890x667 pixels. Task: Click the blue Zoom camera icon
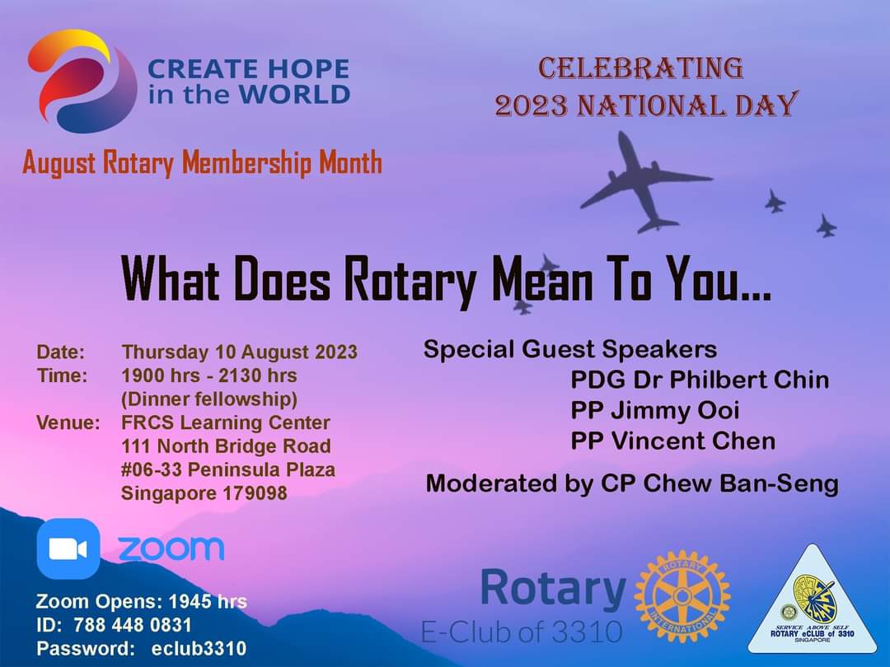(x=68, y=548)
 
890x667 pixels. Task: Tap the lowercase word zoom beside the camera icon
(x=171, y=548)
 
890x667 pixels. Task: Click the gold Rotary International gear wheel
(x=682, y=596)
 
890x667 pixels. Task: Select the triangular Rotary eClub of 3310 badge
(x=813, y=601)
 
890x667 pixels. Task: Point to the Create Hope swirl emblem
(x=82, y=82)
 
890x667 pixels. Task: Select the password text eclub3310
(x=199, y=648)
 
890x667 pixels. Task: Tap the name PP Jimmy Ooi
(x=655, y=411)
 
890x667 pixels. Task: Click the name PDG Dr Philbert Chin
(x=700, y=380)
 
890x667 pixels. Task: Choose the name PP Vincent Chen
(x=673, y=441)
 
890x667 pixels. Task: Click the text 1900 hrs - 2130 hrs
(x=209, y=375)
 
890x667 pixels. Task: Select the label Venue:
(x=68, y=422)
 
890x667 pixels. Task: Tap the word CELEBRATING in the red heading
(x=641, y=68)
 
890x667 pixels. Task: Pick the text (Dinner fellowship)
(x=209, y=399)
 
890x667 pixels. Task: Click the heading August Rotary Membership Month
(x=202, y=163)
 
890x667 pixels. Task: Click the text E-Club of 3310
(x=522, y=632)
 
